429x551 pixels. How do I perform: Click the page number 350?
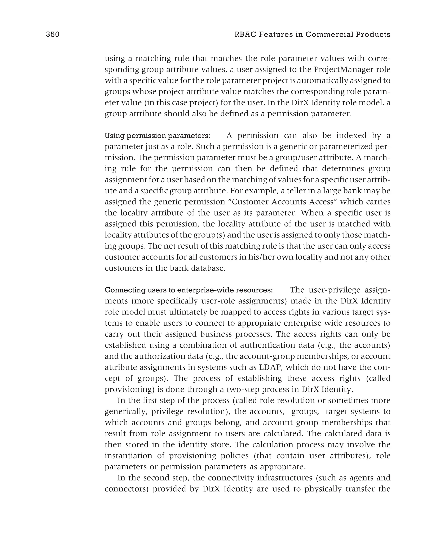click(53, 34)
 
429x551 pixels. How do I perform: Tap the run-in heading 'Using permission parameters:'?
click(158, 136)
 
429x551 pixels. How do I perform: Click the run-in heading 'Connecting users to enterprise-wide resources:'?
click(189, 290)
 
